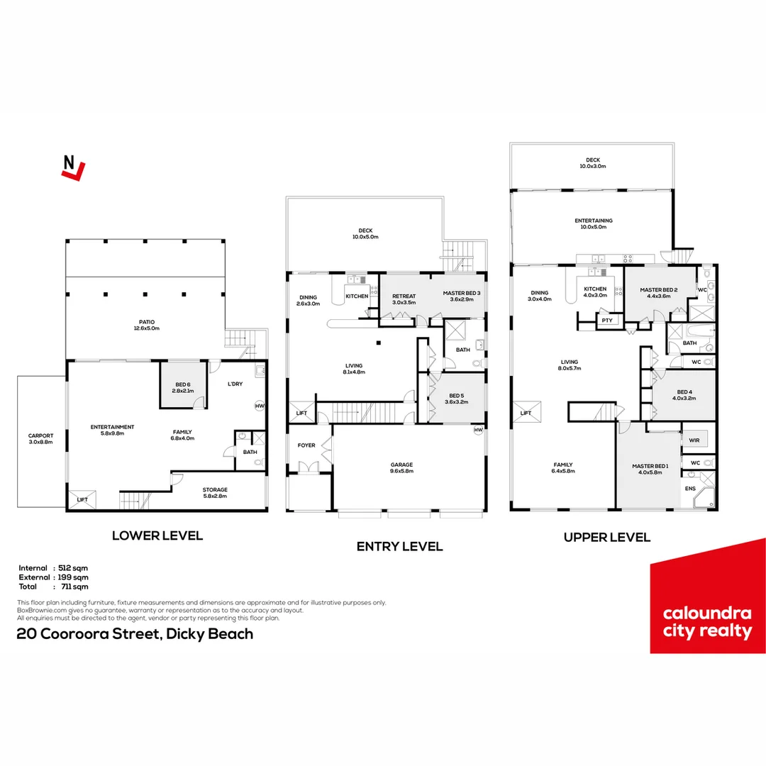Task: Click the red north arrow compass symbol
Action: (73, 167)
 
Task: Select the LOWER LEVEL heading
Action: (157, 535)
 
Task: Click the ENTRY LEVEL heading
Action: (399, 546)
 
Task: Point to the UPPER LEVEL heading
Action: (606, 537)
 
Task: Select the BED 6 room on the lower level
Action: (183, 388)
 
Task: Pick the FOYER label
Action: (306, 446)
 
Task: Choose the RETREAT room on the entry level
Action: (404, 299)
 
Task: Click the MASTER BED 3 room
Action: (462, 296)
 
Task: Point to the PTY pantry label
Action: (606, 321)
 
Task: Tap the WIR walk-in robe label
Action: (694, 440)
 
